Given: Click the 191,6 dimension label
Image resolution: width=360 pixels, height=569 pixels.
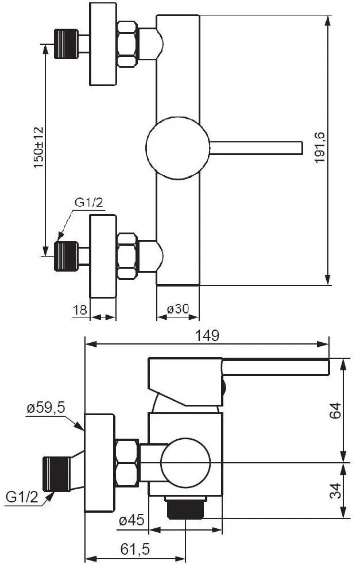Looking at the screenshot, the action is click(x=320, y=148).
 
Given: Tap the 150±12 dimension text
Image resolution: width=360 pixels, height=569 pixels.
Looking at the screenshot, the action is click(x=38, y=148).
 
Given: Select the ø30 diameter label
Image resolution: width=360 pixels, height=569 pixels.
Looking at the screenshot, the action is click(x=178, y=309).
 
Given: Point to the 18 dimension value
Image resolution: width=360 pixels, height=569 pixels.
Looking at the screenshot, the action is click(x=80, y=310).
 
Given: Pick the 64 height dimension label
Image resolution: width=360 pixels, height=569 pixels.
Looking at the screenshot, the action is click(x=336, y=411).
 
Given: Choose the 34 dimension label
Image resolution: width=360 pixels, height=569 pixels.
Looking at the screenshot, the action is click(x=336, y=490).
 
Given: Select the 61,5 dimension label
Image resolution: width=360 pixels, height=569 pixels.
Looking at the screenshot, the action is click(x=135, y=549).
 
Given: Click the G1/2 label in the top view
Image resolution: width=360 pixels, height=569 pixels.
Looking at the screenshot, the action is click(x=89, y=202).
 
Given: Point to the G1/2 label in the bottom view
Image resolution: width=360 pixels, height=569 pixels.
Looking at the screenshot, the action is click(x=22, y=497).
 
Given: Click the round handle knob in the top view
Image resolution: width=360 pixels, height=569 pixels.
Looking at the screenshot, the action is click(x=178, y=148).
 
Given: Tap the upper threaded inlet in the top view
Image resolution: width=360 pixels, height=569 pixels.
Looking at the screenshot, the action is click(x=66, y=44).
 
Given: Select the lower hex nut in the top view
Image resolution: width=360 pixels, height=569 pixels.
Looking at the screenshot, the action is click(x=127, y=256).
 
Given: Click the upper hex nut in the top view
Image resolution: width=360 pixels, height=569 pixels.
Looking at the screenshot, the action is click(x=127, y=44).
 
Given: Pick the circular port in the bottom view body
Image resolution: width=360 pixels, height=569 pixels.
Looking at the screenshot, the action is click(x=185, y=463).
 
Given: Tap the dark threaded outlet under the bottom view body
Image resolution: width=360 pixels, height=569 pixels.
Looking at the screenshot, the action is click(x=185, y=508).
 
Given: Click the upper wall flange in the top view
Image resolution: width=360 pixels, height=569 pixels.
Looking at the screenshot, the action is click(x=103, y=44).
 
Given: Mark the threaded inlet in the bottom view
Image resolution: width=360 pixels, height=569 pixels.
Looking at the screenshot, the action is click(x=57, y=474).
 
